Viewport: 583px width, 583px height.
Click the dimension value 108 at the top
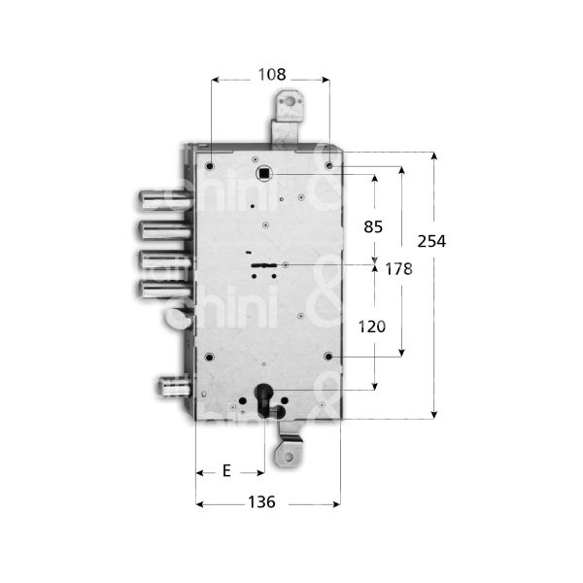tap(271, 73)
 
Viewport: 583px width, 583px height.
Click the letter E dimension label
tap(226, 471)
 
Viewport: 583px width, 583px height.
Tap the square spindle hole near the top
tap(263, 173)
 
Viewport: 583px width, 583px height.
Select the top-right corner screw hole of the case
tap(329, 166)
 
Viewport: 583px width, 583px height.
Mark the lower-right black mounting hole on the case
tap(328, 357)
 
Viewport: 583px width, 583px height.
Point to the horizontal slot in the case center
tap(263, 264)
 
